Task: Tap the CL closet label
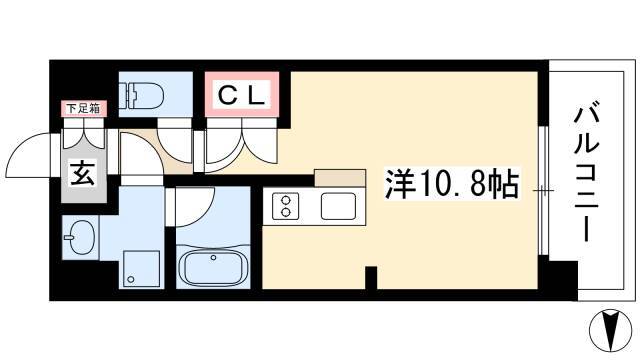242,95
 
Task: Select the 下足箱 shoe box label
83,109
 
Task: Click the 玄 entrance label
83,174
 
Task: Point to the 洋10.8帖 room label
452,184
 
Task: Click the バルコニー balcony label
587,174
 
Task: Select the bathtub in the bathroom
213,266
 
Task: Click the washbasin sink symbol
80,238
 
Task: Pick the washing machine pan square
141,269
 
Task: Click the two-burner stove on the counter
285,207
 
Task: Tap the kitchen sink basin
338,206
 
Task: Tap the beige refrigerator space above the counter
340,178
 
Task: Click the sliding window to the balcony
543,191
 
